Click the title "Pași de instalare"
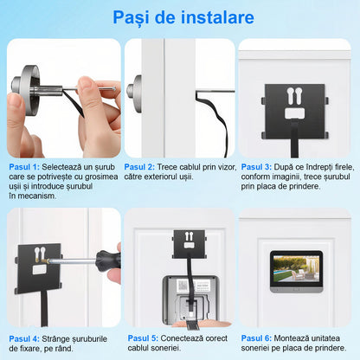point(180,17)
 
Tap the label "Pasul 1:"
point(24,167)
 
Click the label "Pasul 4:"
point(24,338)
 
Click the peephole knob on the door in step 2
point(134,87)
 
